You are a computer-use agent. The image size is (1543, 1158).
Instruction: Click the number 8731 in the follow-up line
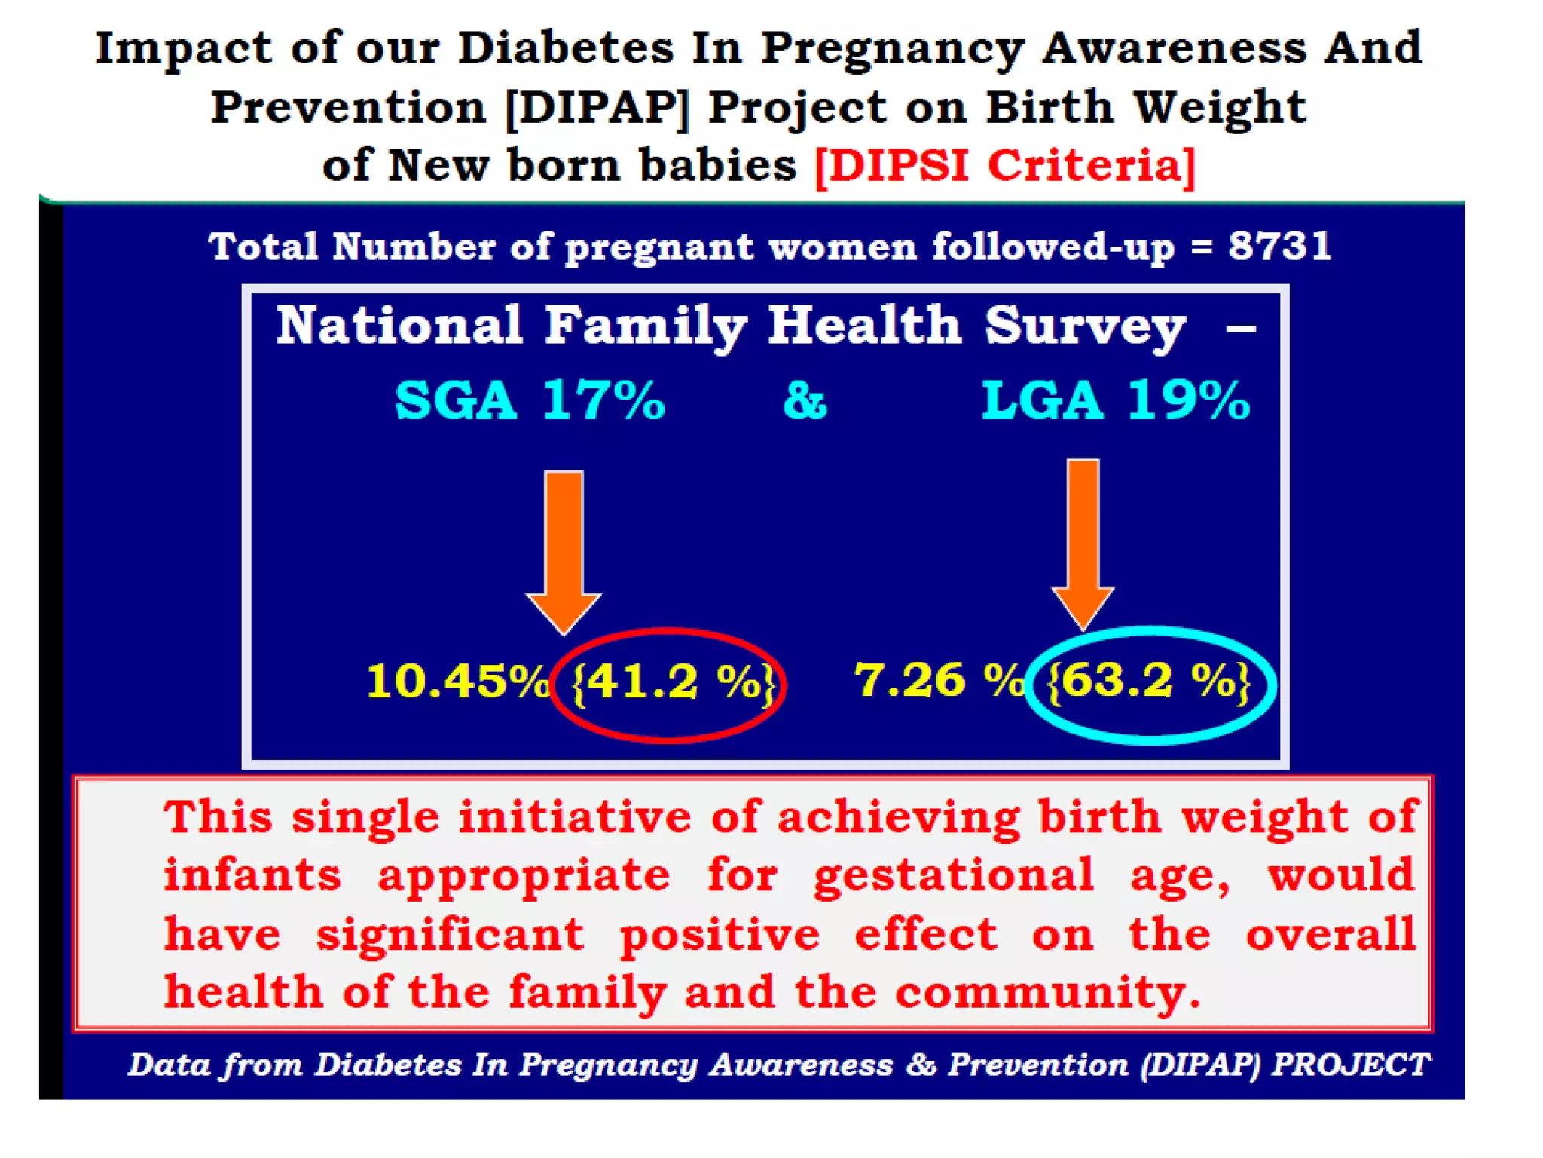tap(1279, 247)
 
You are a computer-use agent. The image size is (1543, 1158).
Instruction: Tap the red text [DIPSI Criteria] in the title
tap(1004, 166)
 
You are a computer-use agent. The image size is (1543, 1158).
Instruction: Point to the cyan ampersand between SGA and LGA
tap(805, 400)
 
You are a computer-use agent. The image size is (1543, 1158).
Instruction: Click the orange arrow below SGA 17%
tap(564, 550)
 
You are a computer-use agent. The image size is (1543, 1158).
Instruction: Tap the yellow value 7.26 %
tap(938, 680)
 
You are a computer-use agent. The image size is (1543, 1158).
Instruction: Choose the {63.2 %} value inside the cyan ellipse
tap(1148, 681)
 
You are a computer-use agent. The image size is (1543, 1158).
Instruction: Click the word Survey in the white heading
tap(1085, 326)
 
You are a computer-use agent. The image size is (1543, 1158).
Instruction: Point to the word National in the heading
tap(399, 326)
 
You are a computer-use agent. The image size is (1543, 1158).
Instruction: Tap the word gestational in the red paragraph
tap(953, 876)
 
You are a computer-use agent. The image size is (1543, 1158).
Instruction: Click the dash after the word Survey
tap(1240, 329)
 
